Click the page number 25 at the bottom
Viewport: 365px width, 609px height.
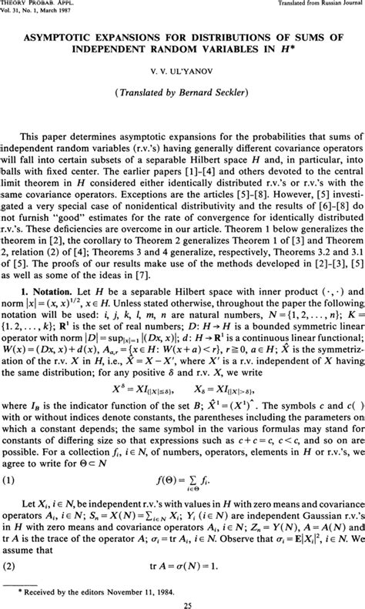click(182, 601)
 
